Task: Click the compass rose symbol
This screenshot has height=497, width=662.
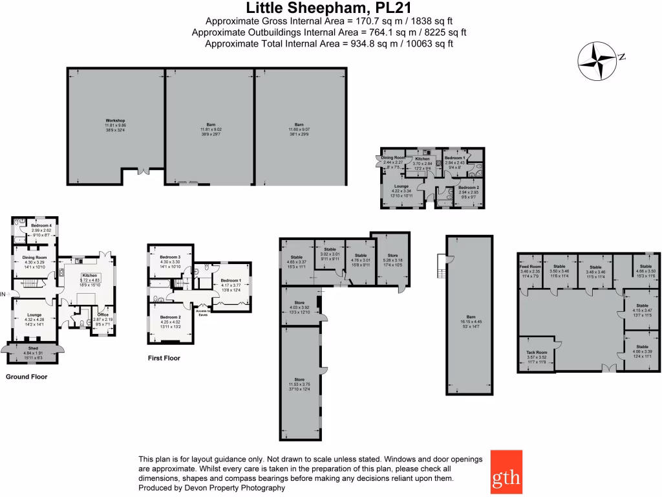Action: point(597,61)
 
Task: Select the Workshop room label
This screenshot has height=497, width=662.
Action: point(114,120)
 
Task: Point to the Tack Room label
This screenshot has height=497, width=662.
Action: point(537,353)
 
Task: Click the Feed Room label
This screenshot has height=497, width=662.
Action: point(530,266)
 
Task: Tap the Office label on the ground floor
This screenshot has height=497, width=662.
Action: point(103,315)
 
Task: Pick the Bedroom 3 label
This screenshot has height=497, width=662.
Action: point(169,257)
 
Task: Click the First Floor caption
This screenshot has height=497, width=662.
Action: point(164,358)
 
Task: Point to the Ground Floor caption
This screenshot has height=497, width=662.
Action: point(27,376)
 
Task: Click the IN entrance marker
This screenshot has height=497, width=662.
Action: point(3,294)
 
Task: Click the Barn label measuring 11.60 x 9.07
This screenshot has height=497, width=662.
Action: point(299,124)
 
